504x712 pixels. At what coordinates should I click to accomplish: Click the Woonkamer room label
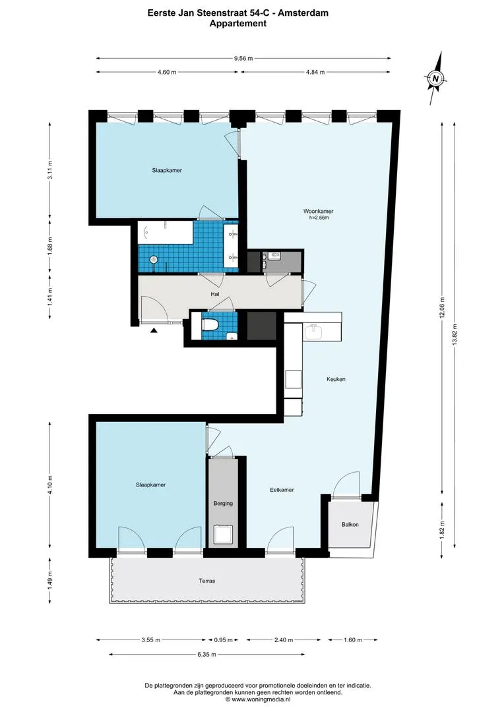[x=318, y=211]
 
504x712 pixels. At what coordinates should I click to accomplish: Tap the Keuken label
[x=336, y=378]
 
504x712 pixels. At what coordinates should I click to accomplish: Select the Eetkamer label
[x=282, y=490]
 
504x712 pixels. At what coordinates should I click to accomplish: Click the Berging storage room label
[x=223, y=503]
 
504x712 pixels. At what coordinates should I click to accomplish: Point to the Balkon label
[x=350, y=525]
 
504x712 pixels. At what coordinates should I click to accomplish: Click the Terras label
[x=206, y=581]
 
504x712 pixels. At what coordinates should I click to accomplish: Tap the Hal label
[x=215, y=294]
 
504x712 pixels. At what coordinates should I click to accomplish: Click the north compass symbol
[x=436, y=78]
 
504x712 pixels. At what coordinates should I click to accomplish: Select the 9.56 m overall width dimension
[x=243, y=58]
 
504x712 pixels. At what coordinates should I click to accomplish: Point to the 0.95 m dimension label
[x=223, y=639]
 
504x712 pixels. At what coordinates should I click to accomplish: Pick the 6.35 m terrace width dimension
[x=206, y=655]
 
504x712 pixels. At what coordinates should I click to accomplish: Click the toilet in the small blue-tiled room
[x=210, y=324]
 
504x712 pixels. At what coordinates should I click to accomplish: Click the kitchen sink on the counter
[x=313, y=332]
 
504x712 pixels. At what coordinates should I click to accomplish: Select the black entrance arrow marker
[x=154, y=330]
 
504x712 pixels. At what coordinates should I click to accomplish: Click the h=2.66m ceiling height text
[x=318, y=218]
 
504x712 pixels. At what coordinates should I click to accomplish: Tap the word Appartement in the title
[x=237, y=24]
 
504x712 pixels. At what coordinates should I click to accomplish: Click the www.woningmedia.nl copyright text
[x=257, y=699]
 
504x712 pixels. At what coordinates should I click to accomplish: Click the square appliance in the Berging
[x=224, y=535]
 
